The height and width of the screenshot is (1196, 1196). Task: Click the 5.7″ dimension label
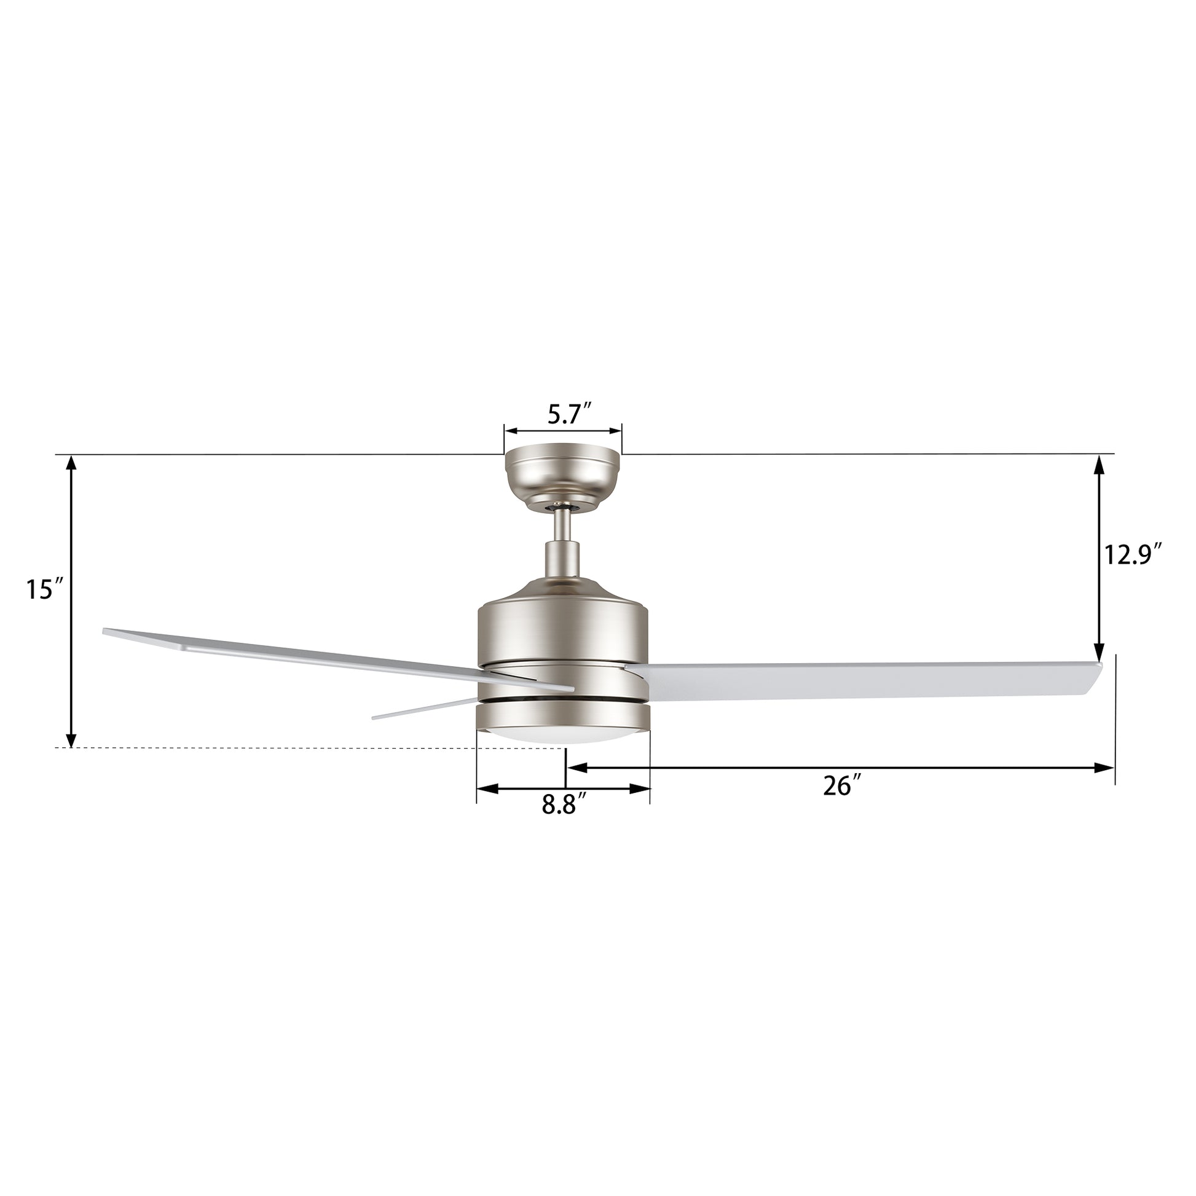click(570, 414)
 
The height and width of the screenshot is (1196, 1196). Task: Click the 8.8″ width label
click(564, 805)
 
